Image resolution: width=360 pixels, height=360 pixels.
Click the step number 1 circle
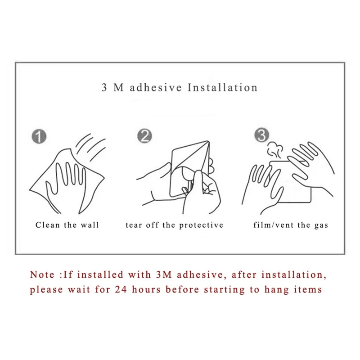(39, 137)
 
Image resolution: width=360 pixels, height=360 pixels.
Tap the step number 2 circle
(144, 136)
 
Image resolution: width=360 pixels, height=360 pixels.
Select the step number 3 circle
(262, 135)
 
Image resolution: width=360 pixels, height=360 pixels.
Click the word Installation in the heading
(222, 88)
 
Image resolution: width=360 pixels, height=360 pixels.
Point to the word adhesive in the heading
(156, 88)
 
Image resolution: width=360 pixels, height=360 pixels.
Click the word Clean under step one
(48, 225)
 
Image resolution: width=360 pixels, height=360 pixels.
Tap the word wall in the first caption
(90, 225)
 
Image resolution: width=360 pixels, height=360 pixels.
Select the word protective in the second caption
(201, 225)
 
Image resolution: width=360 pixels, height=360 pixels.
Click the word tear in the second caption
(134, 225)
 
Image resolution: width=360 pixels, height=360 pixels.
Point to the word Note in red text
(42, 274)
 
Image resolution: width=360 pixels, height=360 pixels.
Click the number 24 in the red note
(121, 289)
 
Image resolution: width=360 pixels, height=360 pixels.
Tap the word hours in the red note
(146, 289)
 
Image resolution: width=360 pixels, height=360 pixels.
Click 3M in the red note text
(164, 274)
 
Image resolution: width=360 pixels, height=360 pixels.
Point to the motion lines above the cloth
(90, 147)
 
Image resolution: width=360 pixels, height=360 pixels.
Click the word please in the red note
(46, 290)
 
